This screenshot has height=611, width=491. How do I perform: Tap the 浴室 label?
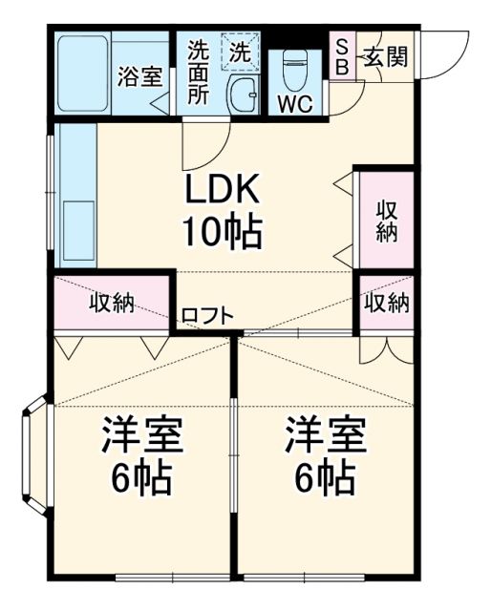139,77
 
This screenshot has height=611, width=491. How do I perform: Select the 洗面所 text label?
198,72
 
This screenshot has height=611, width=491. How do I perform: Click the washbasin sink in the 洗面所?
245,95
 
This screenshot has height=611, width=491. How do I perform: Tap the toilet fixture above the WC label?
294,69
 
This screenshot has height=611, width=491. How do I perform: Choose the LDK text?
222,191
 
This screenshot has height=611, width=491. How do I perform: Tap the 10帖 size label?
222,231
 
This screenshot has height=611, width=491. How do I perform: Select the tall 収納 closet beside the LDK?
386,221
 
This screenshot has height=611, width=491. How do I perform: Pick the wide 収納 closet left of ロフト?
113,304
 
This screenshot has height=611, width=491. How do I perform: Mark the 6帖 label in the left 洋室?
140,476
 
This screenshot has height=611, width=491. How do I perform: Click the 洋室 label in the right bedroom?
325,436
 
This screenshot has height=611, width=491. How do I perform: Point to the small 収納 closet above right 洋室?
386,304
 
